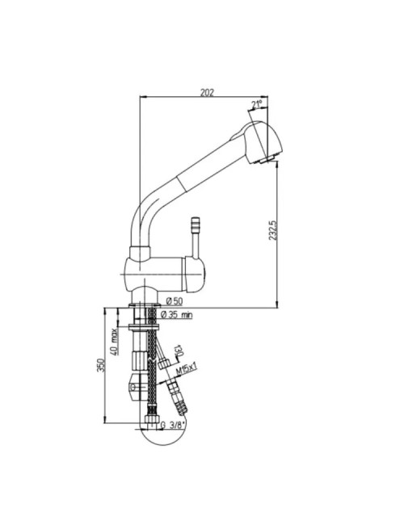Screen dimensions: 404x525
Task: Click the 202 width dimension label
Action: (207, 92)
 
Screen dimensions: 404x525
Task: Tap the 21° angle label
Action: (257, 105)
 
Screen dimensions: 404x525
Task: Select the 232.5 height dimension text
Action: (272, 230)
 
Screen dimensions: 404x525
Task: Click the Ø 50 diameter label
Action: (175, 301)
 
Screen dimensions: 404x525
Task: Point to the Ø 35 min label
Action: (176, 315)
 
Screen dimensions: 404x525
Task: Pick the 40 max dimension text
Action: (114, 342)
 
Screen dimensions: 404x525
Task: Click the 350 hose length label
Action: (101, 365)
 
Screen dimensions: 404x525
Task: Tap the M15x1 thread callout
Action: (187, 369)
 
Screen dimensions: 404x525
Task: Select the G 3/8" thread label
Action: (173, 425)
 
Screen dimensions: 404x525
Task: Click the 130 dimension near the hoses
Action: (179, 351)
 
